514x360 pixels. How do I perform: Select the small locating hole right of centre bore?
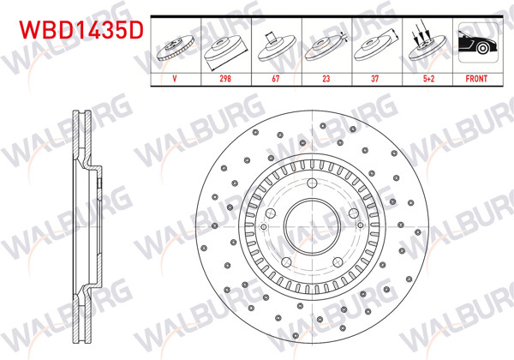point(351,214)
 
